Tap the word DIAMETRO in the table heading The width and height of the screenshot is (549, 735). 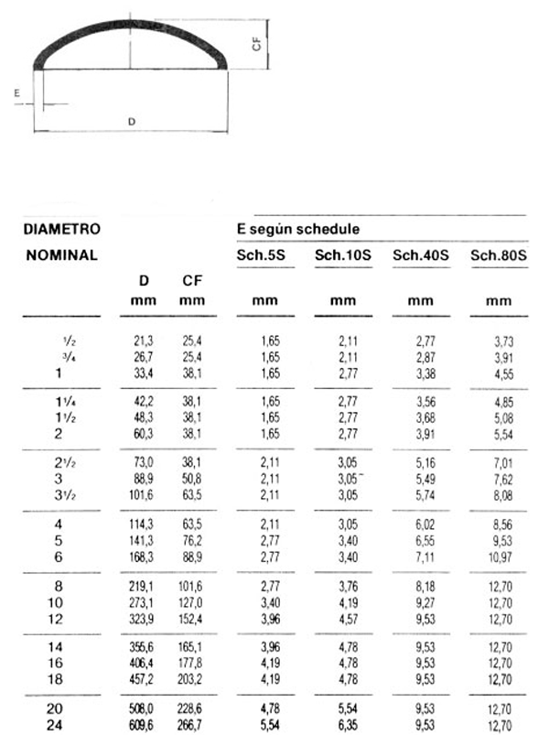tap(60, 228)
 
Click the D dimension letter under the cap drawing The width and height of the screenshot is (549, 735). tap(132, 121)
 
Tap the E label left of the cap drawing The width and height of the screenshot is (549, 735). tap(17, 92)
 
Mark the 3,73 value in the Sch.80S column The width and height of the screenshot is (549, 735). tap(499, 340)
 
